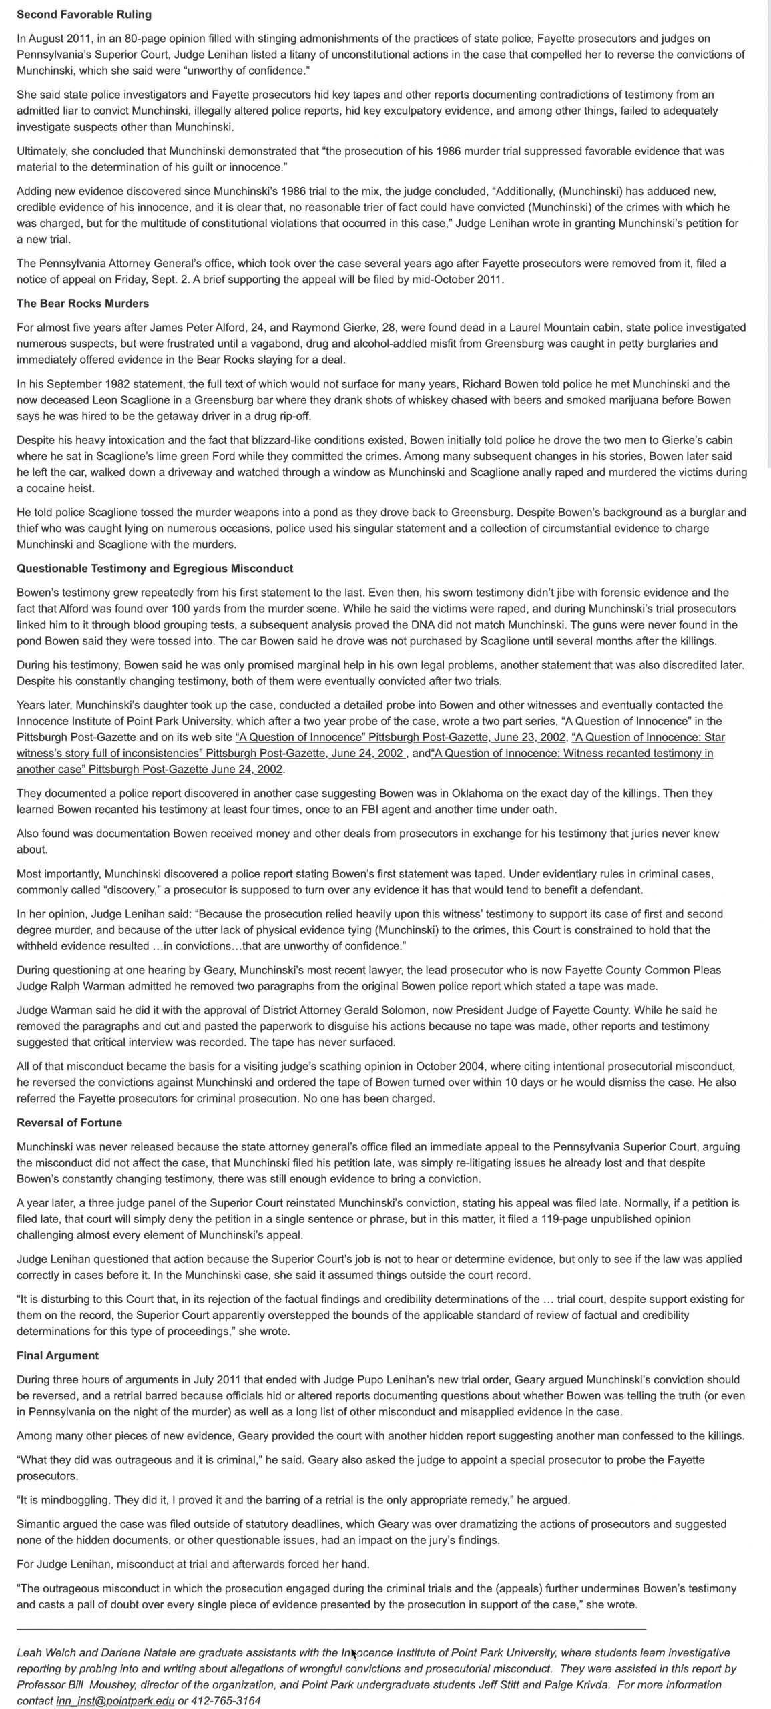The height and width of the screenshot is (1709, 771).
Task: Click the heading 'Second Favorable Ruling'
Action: tap(84, 14)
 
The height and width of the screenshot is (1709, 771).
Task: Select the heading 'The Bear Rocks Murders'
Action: tap(83, 303)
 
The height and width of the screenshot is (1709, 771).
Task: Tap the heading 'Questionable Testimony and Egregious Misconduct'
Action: tap(155, 568)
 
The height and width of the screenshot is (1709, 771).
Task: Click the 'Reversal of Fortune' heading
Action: tap(69, 1122)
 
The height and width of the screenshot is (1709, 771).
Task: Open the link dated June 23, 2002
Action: tap(401, 737)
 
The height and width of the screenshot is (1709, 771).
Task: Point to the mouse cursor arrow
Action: tap(354, 1654)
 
